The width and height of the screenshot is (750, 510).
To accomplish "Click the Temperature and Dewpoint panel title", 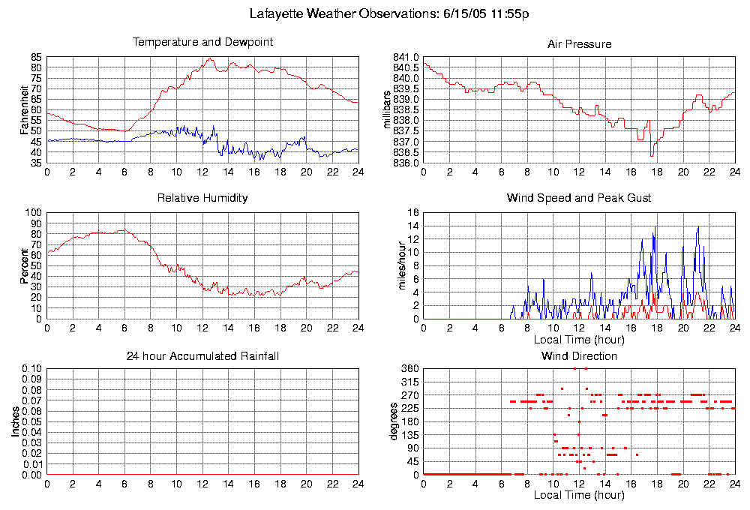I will tap(202, 42).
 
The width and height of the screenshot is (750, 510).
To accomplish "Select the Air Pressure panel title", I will tap(579, 44).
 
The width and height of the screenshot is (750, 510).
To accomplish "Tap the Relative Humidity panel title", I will tap(202, 198).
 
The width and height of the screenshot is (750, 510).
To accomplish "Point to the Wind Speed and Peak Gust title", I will tap(579, 198).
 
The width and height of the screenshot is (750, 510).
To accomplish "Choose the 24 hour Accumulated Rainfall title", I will tap(202, 355).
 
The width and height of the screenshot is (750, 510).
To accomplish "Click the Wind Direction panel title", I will tap(579, 355).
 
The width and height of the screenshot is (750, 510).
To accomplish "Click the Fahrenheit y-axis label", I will tap(25, 109).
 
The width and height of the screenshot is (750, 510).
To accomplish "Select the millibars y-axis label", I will tap(388, 109).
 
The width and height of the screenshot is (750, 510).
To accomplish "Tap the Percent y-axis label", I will tap(25, 265).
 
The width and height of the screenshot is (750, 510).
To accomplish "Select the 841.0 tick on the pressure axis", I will tap(406, 57).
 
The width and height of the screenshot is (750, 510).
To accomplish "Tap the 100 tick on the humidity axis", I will tap(34, 213).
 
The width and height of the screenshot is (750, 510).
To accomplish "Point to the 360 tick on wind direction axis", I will tap(409, 370).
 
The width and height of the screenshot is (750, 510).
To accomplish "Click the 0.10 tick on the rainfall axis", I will tap(31, 370).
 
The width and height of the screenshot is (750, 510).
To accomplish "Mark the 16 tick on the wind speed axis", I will tap(412, 213).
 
